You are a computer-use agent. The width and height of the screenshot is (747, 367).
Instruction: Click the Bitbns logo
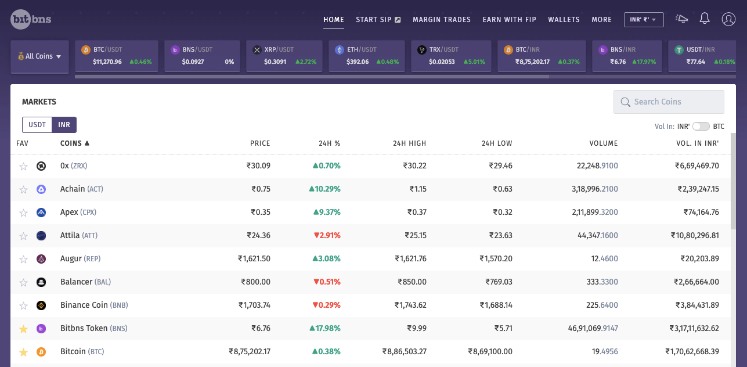point(31,19)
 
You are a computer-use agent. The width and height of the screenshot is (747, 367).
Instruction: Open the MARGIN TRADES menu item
point(442,20)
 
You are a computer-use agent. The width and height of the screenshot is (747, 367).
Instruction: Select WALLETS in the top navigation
point(564,20)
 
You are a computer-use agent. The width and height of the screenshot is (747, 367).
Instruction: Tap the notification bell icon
point(704,19)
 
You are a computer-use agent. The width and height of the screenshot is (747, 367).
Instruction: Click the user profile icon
point(728,19)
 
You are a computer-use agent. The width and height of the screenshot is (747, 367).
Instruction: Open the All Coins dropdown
point(39,56)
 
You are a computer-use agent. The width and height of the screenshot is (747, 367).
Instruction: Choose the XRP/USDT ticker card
point(284,56)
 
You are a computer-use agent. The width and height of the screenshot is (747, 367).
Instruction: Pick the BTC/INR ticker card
point(542,56)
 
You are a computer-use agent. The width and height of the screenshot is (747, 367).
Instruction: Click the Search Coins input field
point(669,102)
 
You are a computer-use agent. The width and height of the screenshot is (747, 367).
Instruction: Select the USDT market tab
point(37,125)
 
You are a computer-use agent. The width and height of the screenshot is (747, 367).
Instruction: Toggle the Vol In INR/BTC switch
point(701,127)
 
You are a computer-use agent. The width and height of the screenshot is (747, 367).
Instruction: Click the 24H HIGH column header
point(410,143)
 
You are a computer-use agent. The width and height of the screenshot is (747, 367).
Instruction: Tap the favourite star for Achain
point(23,189)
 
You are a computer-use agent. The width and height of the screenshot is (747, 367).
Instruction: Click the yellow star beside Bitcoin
point(23,352)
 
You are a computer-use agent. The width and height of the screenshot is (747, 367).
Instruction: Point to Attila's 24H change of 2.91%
point(327,236)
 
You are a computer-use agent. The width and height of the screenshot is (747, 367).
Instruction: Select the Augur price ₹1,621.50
point(254,258)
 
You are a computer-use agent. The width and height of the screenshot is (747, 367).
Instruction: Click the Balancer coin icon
point(41,282)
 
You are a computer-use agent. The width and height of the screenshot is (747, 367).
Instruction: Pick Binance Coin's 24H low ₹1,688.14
point(496,305)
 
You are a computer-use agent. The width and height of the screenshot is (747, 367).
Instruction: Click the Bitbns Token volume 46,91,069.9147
point(593,328)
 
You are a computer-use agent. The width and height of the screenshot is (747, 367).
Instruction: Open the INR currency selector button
point(644,20)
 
